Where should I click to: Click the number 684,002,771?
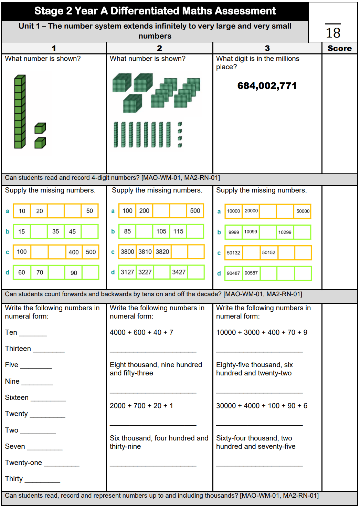point(267,86)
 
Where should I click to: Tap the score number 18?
point(333,33)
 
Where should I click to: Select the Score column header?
point(339,49)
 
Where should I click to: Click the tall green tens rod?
point(20,112)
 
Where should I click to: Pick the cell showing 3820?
point(162,252)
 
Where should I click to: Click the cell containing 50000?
point(303,211)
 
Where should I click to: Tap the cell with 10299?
point(285,232)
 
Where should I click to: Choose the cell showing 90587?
point(251,273)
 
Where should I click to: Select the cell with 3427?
point(179,272)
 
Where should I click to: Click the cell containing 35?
point(55,231)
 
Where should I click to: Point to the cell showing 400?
point(74,252)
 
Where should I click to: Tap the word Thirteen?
point(18,349)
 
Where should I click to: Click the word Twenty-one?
point(23,463)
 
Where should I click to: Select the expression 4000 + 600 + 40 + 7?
point(141,332)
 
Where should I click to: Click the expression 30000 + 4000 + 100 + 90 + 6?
point(262,406)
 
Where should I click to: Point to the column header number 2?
point(159,48)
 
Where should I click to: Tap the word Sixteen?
point(17,397)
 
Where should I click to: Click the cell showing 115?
point(178,231)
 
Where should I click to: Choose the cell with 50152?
point(268,252)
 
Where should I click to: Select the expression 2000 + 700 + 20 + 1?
point(141,406)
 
